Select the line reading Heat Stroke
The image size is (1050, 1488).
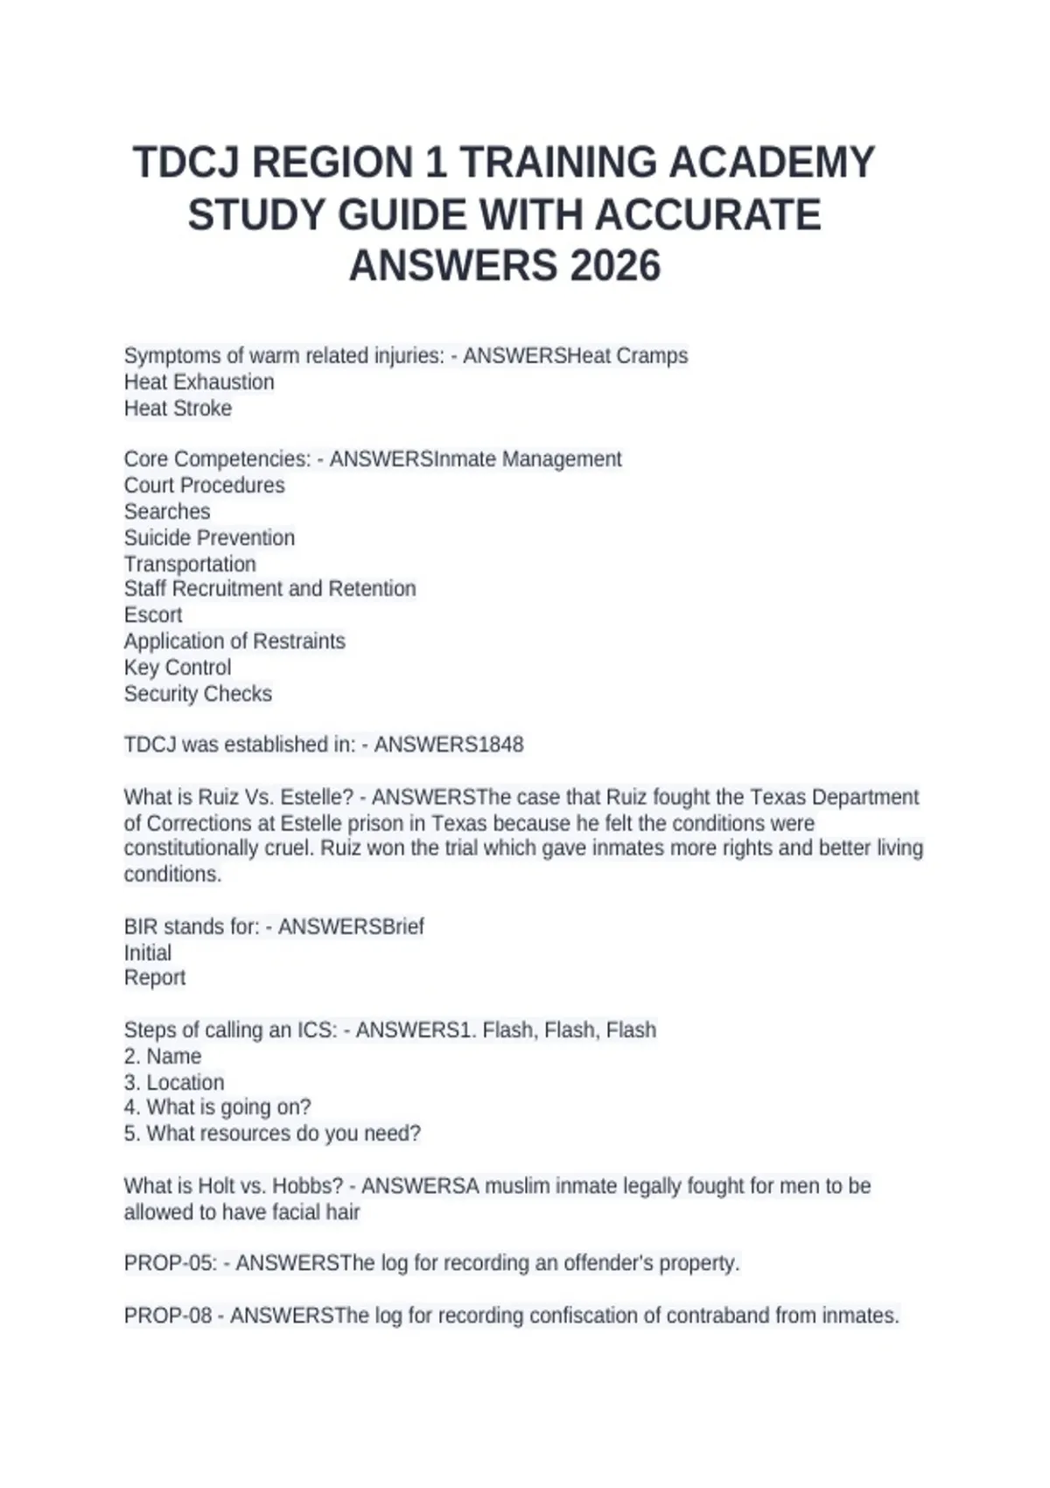tap(178, 409)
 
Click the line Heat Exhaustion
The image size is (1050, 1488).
tap(199, 383)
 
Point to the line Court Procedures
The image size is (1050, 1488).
tap(204, 486)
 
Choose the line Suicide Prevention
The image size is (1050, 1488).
tap(209, 538)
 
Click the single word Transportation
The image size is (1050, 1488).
tap(190, 565)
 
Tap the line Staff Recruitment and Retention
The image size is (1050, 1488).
tap(269, 589)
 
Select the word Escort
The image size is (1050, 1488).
tap(153, 615)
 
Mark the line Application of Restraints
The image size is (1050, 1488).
tap(234, 642)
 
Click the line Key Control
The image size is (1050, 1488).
tap(178, 668)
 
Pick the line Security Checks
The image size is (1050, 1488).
tap(198, 694)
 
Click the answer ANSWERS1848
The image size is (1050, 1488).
tap(449, 745)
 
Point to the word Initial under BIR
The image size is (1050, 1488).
tap(147, 953)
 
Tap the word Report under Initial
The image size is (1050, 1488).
tap(155, 978)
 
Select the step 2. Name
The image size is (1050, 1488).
tap(163, 1056)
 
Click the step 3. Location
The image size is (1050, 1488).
tap(174, 1083)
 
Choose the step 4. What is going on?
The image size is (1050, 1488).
tap(217, 1107)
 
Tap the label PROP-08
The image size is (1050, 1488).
tap(168, 1316)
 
